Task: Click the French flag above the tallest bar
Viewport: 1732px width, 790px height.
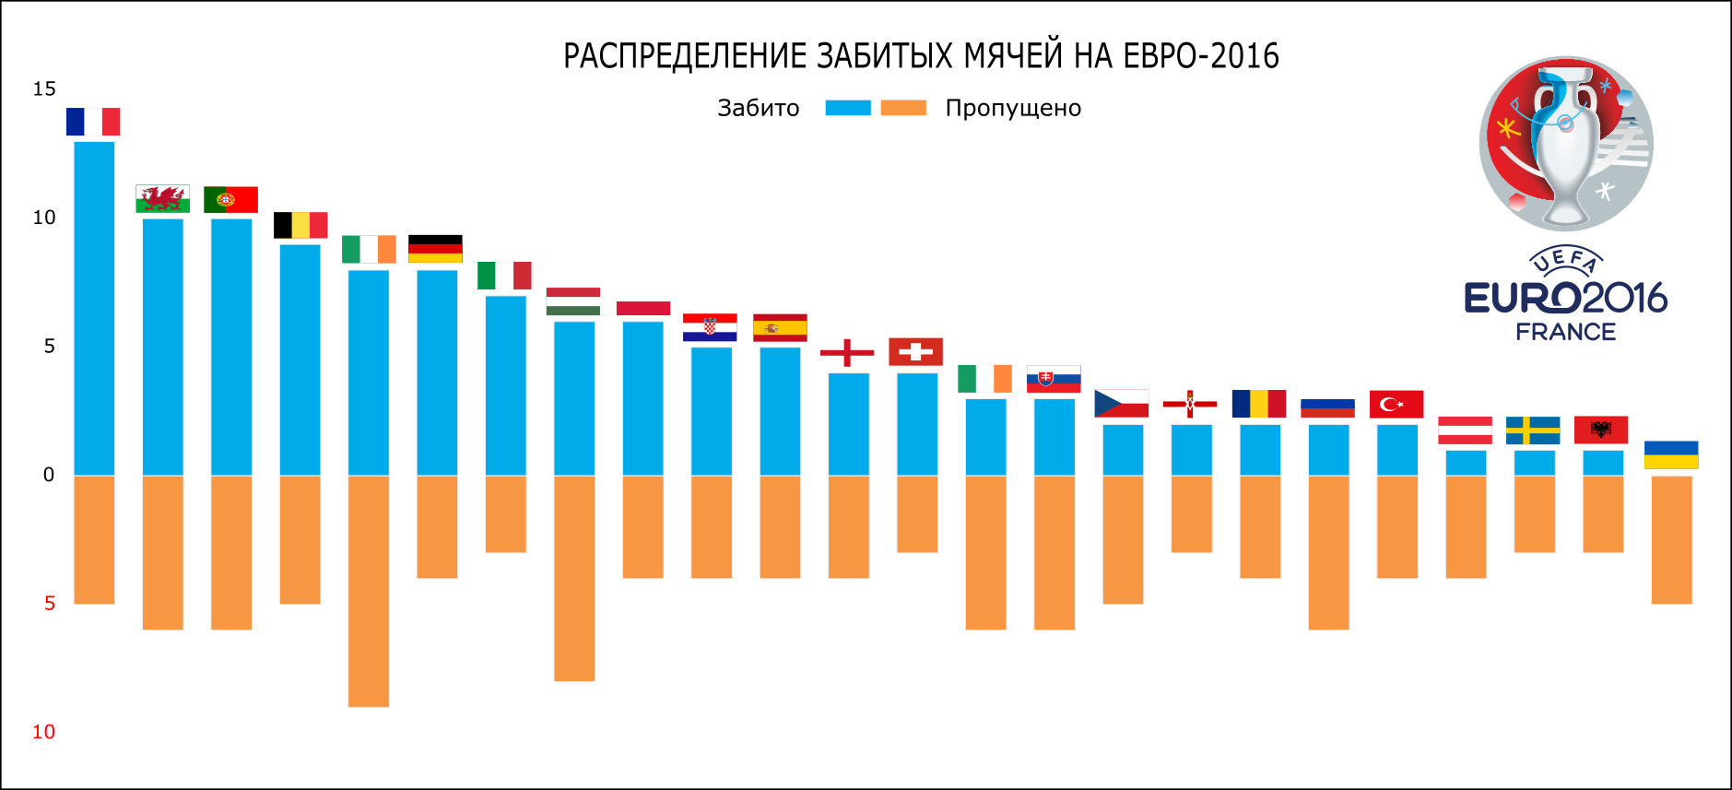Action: point(93,122)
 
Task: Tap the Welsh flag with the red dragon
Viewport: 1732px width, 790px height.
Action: point(162,198)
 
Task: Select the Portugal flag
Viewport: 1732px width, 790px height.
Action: point(230,199)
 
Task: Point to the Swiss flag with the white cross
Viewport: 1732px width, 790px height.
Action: point(915,351)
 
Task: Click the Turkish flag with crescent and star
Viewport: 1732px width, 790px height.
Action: point(1396,404)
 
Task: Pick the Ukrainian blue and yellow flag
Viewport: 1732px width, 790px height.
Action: point(1671,454)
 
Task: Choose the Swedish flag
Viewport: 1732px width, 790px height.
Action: point(1533,430)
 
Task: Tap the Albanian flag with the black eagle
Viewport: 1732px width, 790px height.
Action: point(1601,430)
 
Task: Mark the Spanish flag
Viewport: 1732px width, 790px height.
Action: point(780,327)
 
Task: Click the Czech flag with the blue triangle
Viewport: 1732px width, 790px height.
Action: point(1122,404)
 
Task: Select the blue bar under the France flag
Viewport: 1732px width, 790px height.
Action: point(94,308)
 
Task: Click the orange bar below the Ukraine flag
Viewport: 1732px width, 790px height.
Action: point(1671,540)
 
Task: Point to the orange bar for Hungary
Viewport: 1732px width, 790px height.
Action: point(574,579)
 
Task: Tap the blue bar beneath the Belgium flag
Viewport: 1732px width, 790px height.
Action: point(300,360)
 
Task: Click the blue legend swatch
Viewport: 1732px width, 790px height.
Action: point(848,108)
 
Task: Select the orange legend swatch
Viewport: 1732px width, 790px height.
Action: point(903,108)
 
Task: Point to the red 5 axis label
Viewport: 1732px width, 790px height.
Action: point(50,603)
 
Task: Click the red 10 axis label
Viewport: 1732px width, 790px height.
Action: point(43,732)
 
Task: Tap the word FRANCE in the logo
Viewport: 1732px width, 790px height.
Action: point(1565,332)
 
